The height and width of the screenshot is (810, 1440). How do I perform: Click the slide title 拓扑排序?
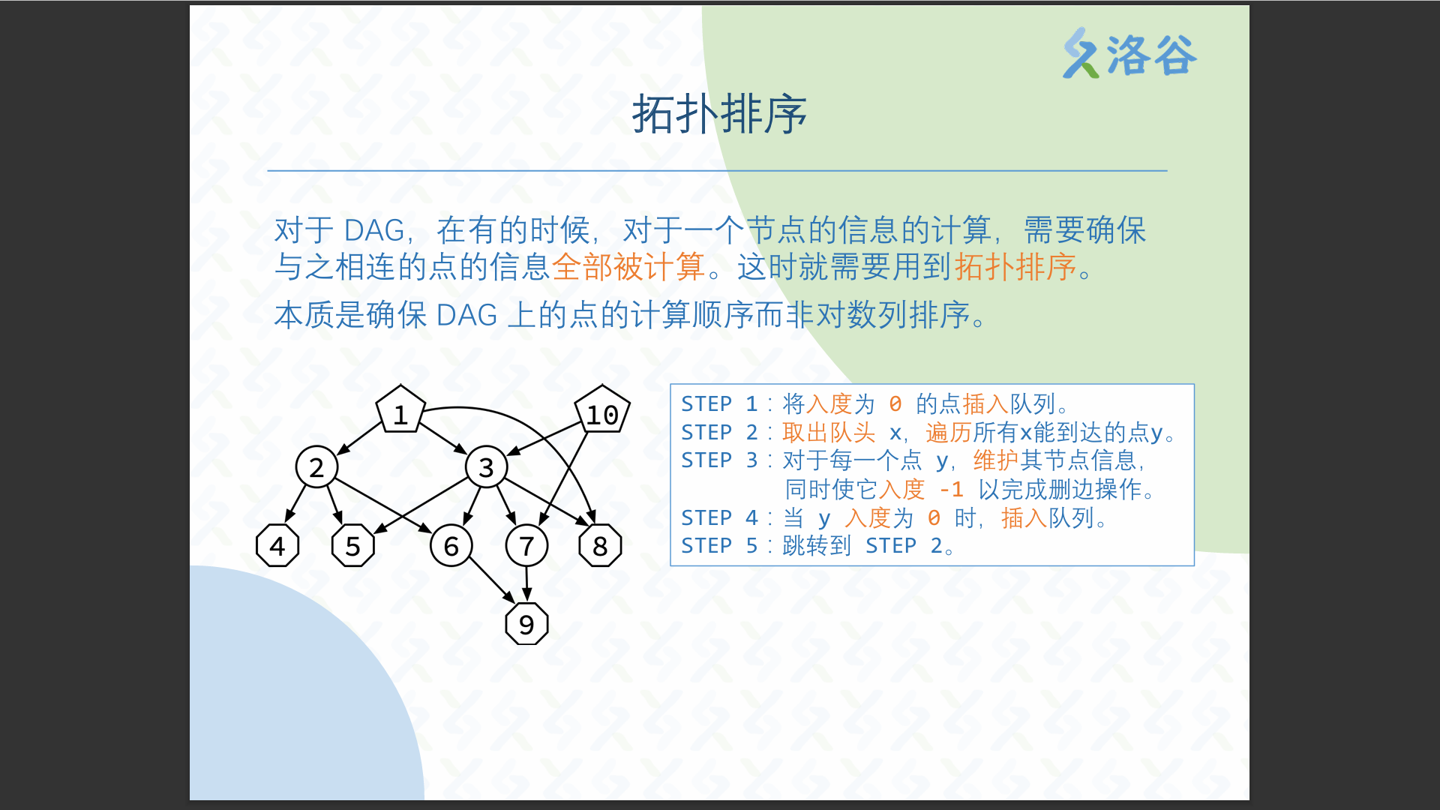click(x=719, y=115)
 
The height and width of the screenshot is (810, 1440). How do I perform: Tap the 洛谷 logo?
click(x=1129, y=53)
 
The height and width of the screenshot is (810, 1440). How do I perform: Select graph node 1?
click(x=400, y=410)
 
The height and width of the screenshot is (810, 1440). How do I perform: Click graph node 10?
click(x=602, y=410)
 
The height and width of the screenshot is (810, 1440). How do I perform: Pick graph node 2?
click(x=316, y=466)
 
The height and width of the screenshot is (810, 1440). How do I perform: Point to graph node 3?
click(x=486, y=466)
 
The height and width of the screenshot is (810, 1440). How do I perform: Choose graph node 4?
click(x=277, y=545)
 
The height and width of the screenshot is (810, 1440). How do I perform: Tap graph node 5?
click(x=353, y=545)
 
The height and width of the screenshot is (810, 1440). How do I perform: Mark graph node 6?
click(x=451, y=545)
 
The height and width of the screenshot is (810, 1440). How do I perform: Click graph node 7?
click(x=526, y=545)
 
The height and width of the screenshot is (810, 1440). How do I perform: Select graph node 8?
click(x=600, y=545)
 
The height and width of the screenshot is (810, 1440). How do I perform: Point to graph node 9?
click(x=526, y=623)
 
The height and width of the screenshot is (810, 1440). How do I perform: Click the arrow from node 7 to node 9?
click(x=526, y=584)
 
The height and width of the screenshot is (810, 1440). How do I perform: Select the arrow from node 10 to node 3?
click(x=544, y=439)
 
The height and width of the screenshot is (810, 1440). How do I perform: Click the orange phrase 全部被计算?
click(x=628, y=267)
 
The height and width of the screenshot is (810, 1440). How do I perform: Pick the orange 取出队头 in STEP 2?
click(x=829, y=433)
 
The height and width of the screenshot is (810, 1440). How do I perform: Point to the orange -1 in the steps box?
click(x=951, y=490)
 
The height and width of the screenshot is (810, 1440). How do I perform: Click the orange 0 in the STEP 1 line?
click(x=895, y=404)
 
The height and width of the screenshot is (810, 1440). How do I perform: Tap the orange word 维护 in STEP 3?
click(x=996, y=460)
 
